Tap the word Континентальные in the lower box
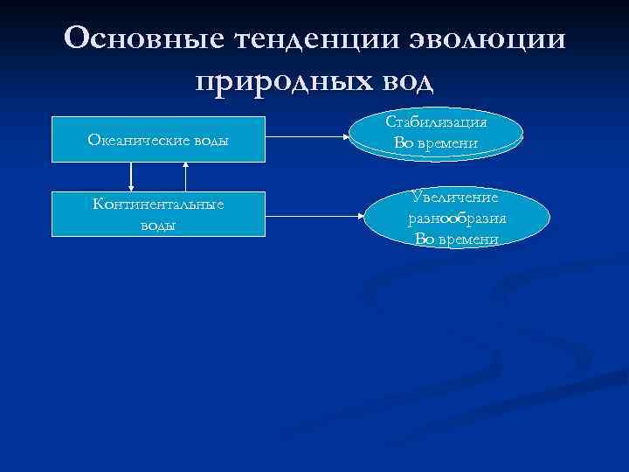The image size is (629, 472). coord(158,205)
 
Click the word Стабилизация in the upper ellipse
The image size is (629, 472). coord(436,123)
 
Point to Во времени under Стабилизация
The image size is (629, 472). coord(436,142)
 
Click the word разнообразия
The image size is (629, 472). coord(457,219)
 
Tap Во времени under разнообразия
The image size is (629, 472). coord(457,239)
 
